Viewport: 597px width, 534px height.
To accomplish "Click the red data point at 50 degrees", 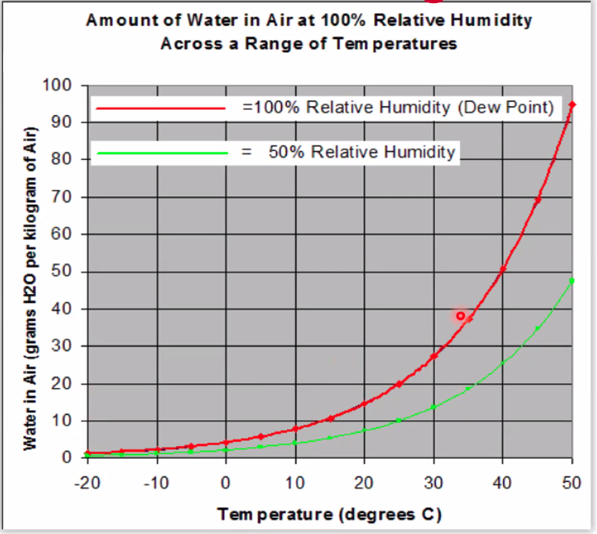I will click(572, 104).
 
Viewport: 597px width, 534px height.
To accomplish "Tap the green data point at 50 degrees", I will click(572, 280).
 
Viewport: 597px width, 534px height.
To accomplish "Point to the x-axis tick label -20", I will click(86, 482).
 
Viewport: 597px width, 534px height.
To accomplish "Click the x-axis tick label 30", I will click(433, 482).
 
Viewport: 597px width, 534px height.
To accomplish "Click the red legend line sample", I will click(160, 108).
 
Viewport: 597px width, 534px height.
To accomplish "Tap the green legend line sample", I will click(160, 152).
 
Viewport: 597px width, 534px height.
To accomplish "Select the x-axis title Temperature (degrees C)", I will click(330, 515).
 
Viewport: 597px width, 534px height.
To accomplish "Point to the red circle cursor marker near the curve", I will click(461, 315).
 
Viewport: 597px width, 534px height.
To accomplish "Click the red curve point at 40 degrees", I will click(503, 269).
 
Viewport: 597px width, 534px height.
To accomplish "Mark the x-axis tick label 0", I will click(226, 482).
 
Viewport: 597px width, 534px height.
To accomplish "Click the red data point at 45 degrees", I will click(538, 200).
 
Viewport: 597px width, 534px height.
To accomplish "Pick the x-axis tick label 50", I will click(571, 482).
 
